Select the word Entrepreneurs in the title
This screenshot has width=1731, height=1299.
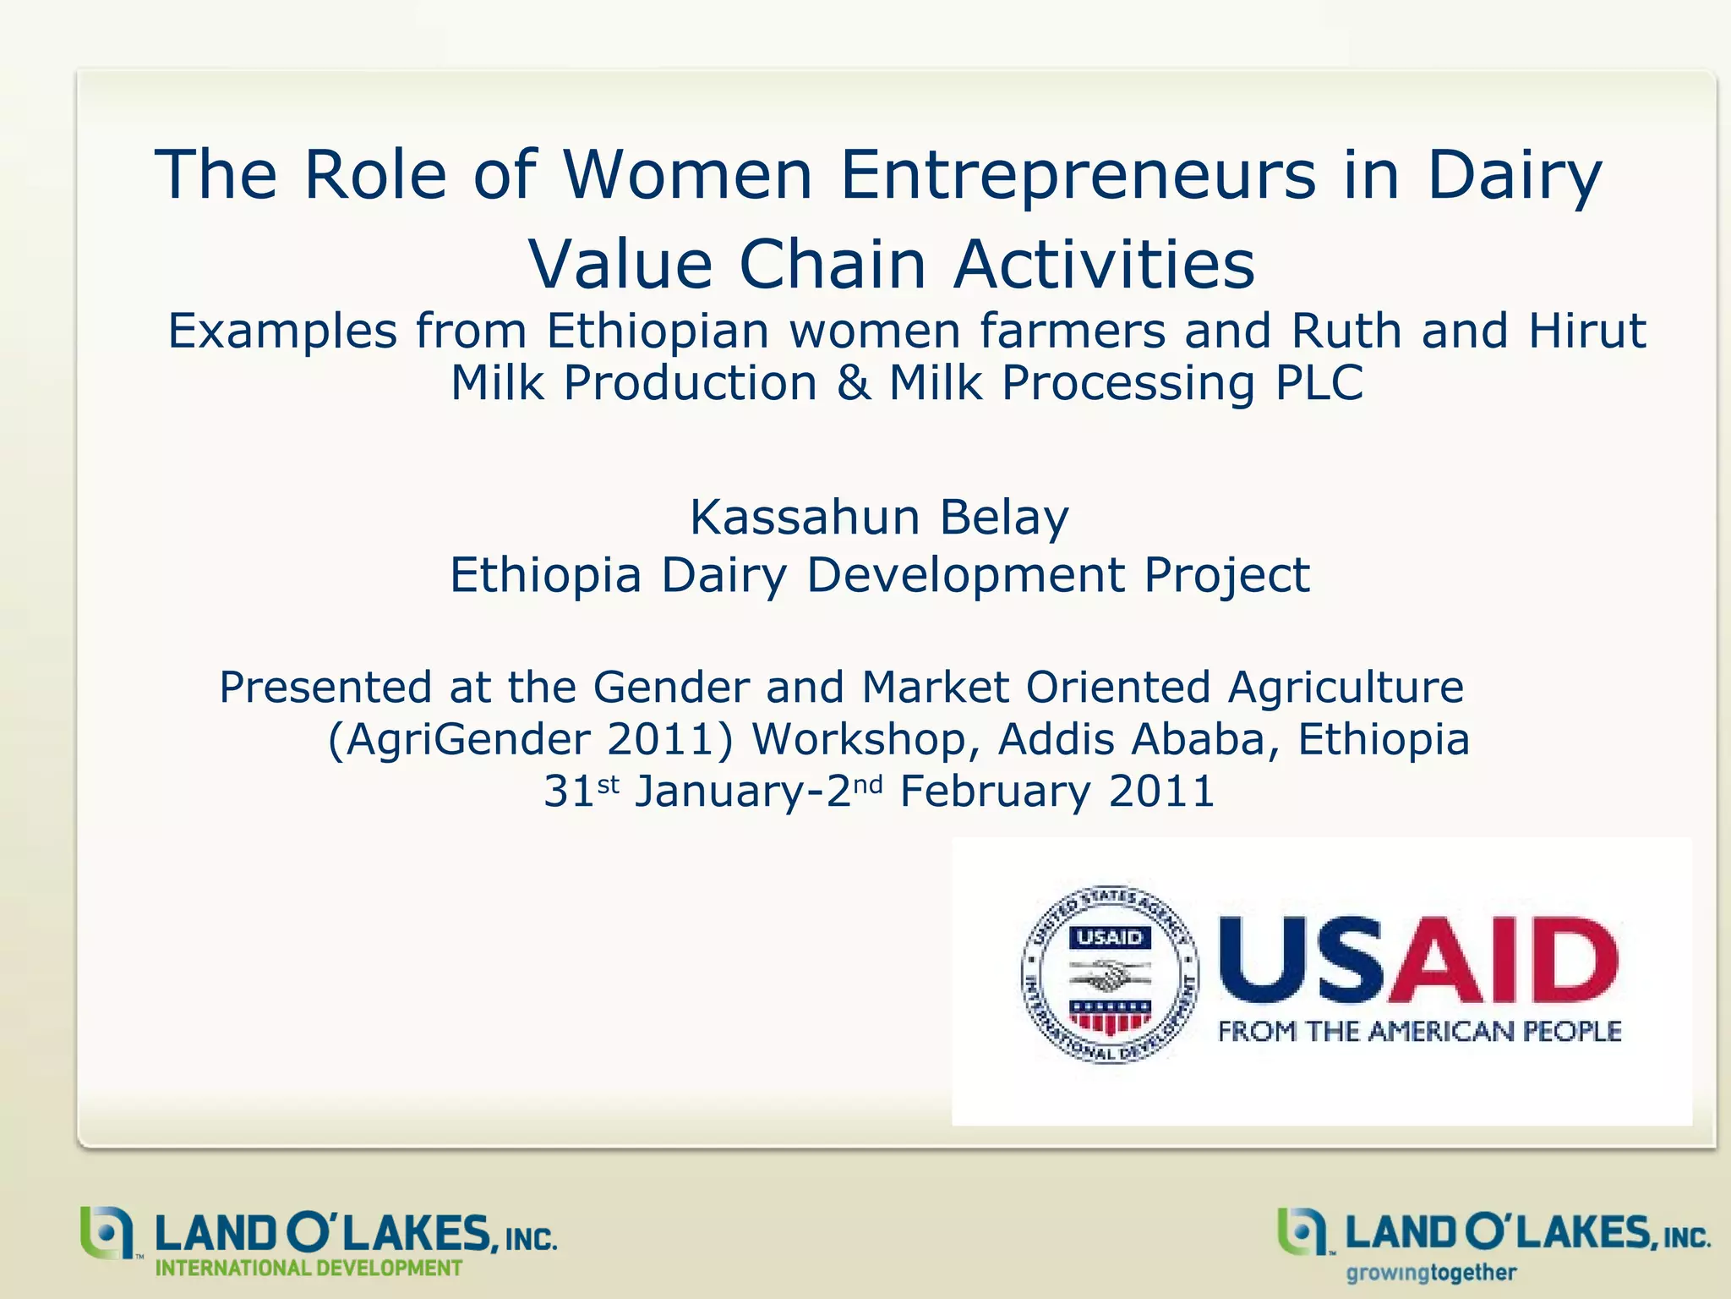pos(1078,176)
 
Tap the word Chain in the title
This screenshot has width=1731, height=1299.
pos(833,265)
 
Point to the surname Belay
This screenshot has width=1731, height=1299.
pos(1004,518)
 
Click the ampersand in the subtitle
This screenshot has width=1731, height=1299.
pos(854,382)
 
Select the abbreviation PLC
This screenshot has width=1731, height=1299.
pos(1319,382)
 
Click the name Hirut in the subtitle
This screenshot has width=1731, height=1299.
pos(1586,330)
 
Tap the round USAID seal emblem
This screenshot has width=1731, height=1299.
pos(1110,975)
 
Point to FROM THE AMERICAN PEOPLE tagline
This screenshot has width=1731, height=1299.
pos(1419,1032)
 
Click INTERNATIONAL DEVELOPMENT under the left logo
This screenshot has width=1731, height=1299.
pos(309,1269)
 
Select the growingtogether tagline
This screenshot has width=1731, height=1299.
pos(1431,1273)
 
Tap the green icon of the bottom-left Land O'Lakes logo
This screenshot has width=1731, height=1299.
pos(106,1231)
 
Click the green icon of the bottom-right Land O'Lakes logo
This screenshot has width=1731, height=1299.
pos(1302,1231)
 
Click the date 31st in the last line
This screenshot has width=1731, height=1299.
pos(582,792)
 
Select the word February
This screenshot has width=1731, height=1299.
pos(995,792)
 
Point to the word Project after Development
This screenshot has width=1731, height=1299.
pos(1226,576)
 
